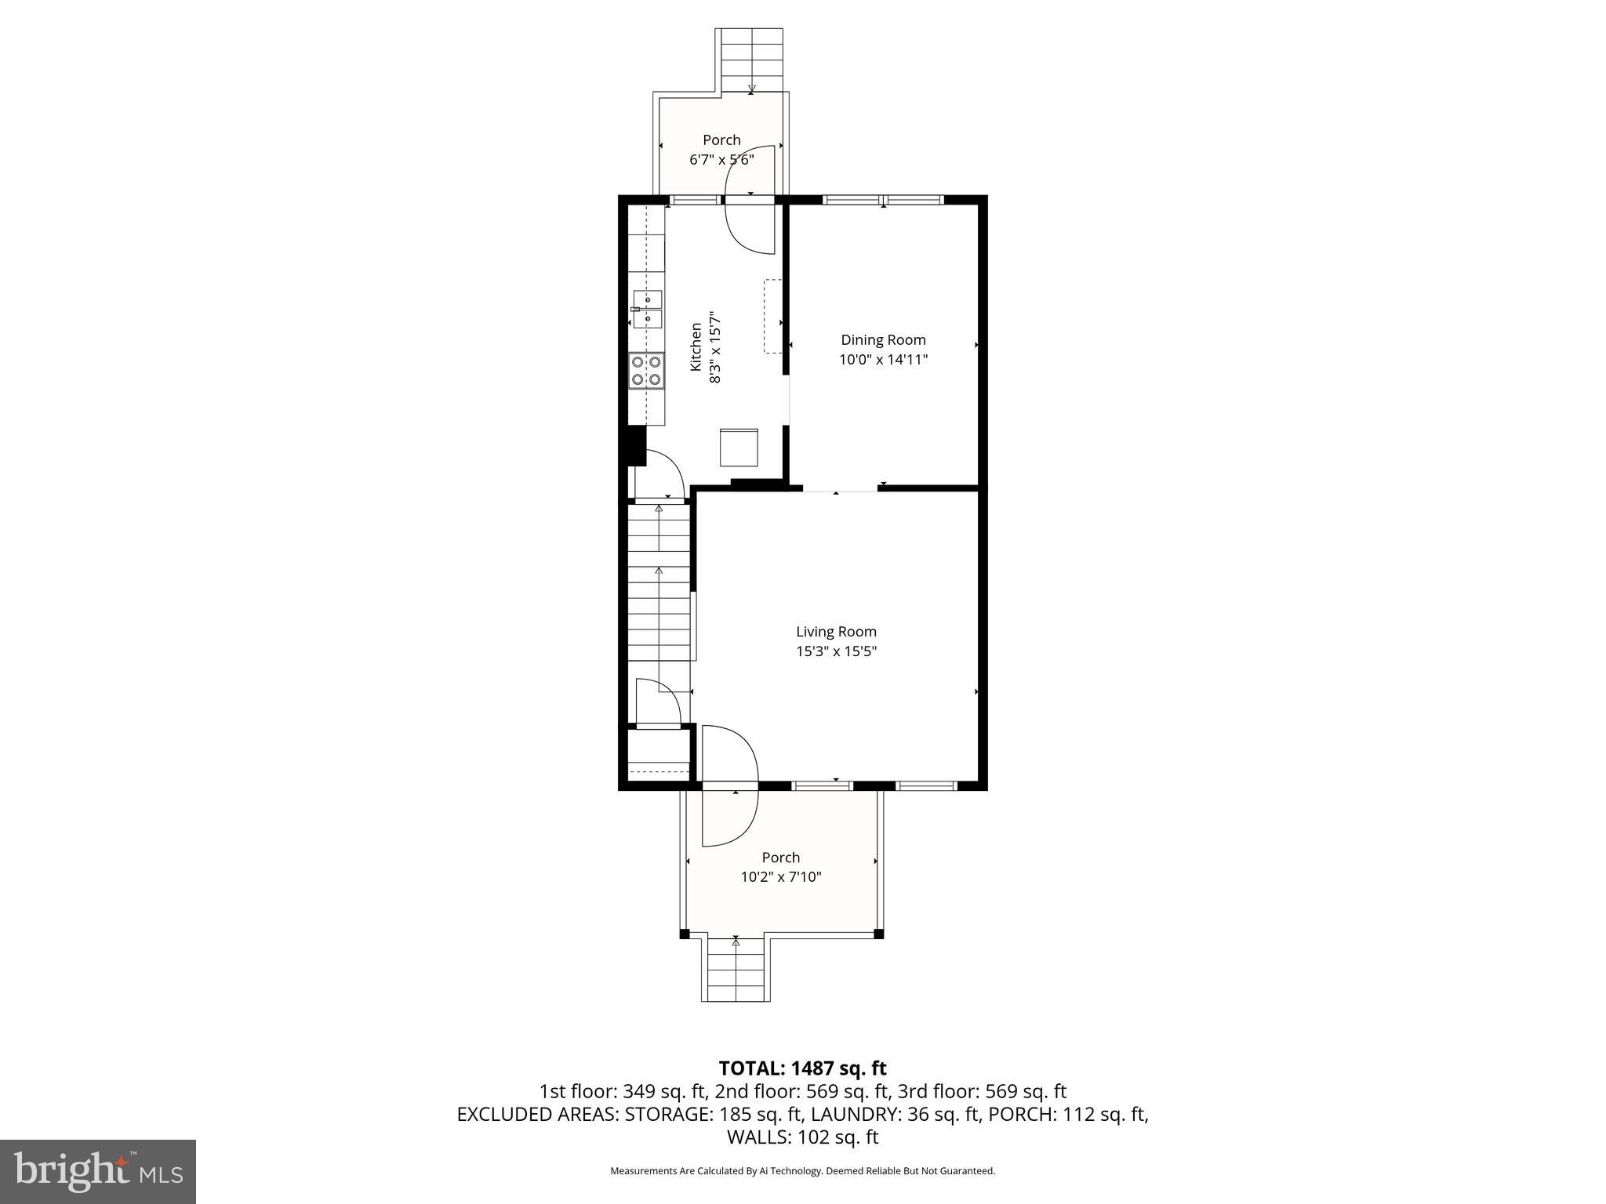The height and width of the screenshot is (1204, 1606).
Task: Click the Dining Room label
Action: pyautogui.click(x=883, y=340)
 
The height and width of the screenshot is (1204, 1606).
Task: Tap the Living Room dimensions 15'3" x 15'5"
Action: pyautogui.click(x=836, y=651)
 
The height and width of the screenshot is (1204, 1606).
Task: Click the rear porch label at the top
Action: pyautogui.click(x=721, y=140)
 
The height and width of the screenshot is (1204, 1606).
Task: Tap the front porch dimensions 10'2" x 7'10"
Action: pyautogui.click(x=781, y=877)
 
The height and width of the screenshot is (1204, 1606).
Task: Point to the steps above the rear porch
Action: pyautogui.click(x=751, y=60)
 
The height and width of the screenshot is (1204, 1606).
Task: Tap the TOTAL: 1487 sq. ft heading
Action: pyautogui.click(x=802, y=1068)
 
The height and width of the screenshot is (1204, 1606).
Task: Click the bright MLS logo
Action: pyautogui.click(x=98, y=1171)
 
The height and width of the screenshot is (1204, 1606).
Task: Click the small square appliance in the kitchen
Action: pyautogui.click(x=739, y=448)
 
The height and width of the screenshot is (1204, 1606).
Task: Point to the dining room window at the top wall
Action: pyautogui.click(x=883, y=200)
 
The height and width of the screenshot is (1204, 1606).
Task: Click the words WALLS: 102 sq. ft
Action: pyautogui.click(x=802, y=1137)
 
